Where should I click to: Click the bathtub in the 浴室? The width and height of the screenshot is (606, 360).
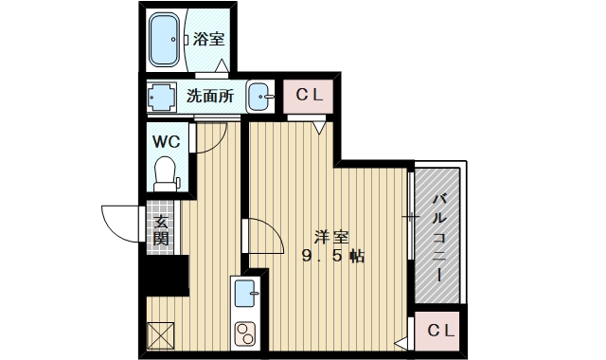click(x=168, y=40)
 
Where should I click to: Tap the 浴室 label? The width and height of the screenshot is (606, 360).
click(x=209, y=40)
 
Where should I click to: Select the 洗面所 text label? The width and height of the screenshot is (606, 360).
click(x=209, y=95)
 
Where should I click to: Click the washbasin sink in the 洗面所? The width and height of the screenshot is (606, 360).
click(x=260, y=96)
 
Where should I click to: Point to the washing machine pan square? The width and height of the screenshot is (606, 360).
click(x=161, y=96)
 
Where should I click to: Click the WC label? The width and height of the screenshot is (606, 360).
click(x=167, y=142)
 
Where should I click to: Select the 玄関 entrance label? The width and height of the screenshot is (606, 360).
click(x=161, y=230)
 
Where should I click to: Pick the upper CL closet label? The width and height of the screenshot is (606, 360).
click(x=309, y=95)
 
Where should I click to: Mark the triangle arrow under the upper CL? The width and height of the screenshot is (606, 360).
click(x=319, y=123)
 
